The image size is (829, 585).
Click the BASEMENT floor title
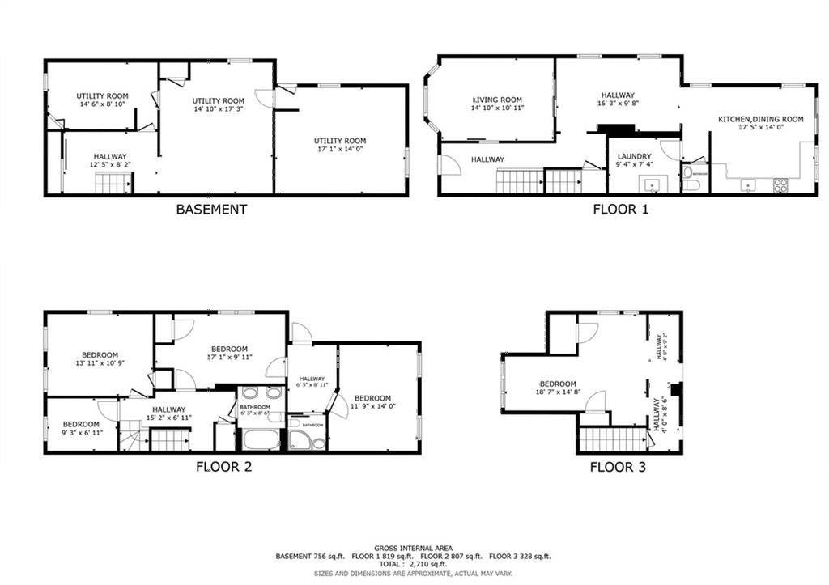(211, 210)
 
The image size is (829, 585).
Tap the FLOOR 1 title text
(620, 210)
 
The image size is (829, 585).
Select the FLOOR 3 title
(617, 467)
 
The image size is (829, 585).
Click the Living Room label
(497, 104)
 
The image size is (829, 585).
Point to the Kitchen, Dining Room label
(760, 123)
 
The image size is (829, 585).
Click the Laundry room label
(634, 160)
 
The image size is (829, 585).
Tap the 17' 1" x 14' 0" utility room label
(340, 145)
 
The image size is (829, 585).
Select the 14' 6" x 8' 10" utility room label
(102, 100)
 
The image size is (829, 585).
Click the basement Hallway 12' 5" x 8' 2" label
(110, 160)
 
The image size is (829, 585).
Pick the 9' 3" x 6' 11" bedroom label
(81, 428)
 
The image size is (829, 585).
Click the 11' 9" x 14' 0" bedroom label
(372, 402)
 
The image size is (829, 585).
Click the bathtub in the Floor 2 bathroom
(260, 441)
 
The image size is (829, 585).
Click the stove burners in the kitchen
(781, 184)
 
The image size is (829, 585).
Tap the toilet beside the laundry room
(691, 184)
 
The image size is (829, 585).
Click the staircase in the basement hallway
(113, 184)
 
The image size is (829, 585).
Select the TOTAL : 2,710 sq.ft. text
(414, 564)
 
